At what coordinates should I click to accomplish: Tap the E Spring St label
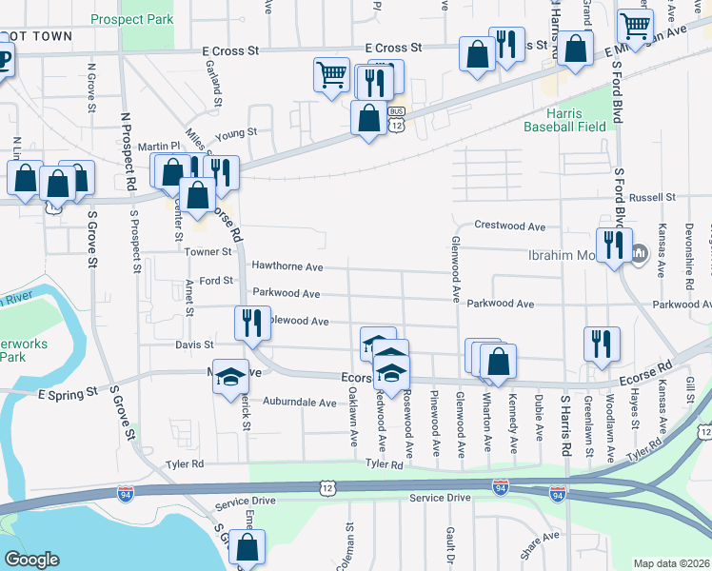pyautogui.click(x=68, y=392)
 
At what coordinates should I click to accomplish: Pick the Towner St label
pyautogui.click(x=208, y=252)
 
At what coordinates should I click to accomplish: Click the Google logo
pyautogui.click(x=30, y=560)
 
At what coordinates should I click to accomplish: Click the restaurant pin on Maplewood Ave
pyautogui.click(x=252, y=324)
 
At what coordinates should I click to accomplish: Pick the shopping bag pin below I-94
pyautogui.click(x=247, y=547)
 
